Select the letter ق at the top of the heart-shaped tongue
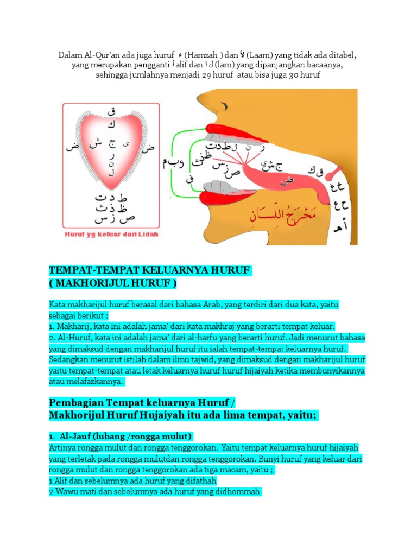tap(112, 112)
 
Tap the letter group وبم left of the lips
tap(173, 161)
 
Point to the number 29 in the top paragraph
tap(207, 75)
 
